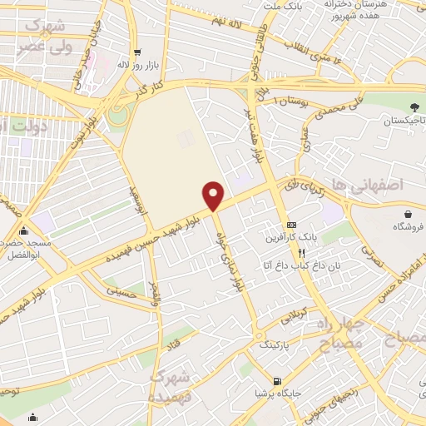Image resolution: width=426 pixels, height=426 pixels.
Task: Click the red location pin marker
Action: pos(214,195)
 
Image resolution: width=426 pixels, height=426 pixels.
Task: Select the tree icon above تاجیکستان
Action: pos(414,106)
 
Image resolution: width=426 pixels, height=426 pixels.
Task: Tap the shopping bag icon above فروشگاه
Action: pos(408,212)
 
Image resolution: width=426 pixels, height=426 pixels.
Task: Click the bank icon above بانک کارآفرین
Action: pos(291,225)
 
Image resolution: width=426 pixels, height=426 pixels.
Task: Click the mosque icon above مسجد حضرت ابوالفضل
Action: pos(23,231)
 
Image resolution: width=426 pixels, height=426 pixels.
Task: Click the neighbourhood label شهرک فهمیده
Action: pos(170,387)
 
